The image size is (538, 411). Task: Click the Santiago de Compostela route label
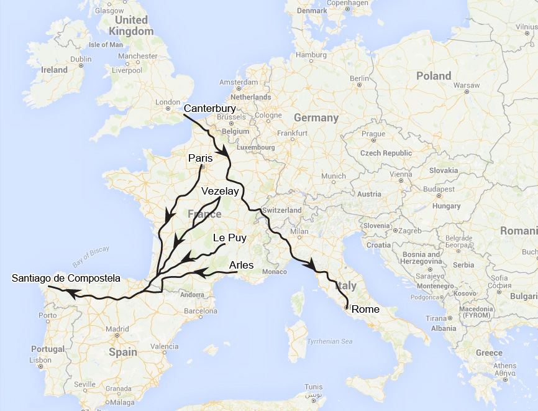(x=66, y=278)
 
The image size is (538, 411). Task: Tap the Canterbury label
(x=210, y=109)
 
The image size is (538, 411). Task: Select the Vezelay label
(x=220, y=192)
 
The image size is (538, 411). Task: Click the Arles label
(x=241, y=265)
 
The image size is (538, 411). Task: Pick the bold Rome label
(x=365, y=308)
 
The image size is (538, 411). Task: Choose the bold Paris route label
(x=200, y=158)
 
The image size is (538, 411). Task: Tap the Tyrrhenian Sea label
(x=330, y=341)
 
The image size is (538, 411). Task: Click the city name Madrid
(x=117, y=329)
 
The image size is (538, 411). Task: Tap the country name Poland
(x=434, y=76)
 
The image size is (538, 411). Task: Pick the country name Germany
(x=316, y=118)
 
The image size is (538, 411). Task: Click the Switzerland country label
(x=281, y=210)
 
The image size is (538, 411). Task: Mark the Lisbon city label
(x=40, y=360)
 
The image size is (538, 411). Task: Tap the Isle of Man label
(x=106, y=45)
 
